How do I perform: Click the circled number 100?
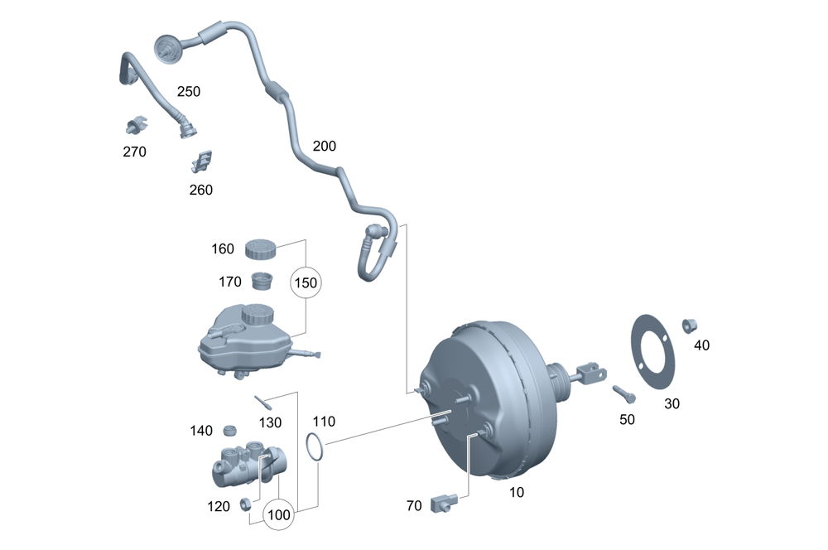[x=280, y=514]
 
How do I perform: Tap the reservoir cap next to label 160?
[x=261, y=248]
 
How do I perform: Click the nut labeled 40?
[x=688, y=325]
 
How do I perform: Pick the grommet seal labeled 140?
[x=231, y=430]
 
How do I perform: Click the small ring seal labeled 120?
[x=245, y=504]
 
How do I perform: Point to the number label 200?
[x=325, y=146]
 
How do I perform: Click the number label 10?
[x=516, y=492]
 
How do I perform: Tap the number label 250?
[x=189, y=91]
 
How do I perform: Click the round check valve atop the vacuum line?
[x=170, y=47]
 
